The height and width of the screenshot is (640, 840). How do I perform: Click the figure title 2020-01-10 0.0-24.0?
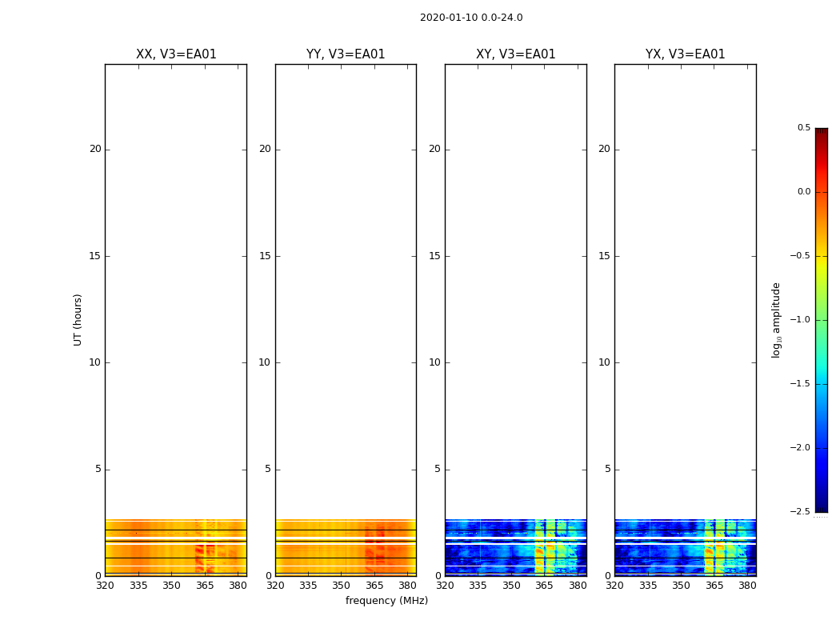point(471,18)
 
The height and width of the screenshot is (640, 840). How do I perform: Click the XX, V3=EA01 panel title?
point(176,54)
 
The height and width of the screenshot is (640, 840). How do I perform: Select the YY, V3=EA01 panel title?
point(346,54)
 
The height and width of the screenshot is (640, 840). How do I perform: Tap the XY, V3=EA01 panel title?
point(515,54)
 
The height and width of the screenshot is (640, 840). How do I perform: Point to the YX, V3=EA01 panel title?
point(685,54)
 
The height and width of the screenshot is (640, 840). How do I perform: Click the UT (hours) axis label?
point(78,319)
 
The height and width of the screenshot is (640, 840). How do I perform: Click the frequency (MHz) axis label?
point(386,601)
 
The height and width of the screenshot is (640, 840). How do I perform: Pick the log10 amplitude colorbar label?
point(776,319)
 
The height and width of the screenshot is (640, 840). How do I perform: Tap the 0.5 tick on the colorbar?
point(803,128)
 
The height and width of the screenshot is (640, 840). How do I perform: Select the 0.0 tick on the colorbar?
point(803,192)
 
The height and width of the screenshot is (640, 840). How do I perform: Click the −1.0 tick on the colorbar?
point(801,320)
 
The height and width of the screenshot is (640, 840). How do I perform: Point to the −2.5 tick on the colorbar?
point(801,512)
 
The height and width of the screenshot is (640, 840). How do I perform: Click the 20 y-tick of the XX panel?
point(95,149)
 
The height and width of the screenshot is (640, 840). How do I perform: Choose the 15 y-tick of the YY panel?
point(265,256)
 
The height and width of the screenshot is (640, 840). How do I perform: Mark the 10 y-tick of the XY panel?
point(434,362)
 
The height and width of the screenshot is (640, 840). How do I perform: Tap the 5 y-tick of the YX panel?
point(607,470)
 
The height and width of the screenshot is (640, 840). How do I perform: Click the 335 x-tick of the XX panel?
point(138,585)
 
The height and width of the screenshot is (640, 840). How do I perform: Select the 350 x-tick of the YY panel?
point(341,585)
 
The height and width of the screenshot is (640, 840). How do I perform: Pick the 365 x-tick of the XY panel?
point(544,585)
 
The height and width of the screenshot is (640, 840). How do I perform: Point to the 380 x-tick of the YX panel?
point(747,585)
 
